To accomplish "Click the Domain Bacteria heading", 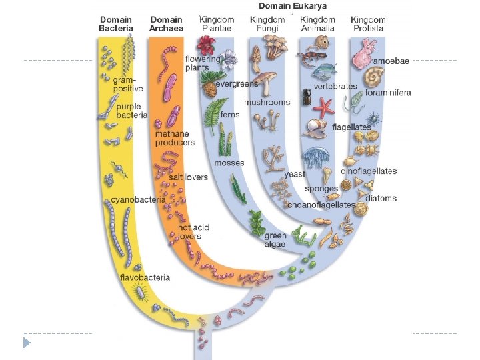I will pos(116,24).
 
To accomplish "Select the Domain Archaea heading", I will pos(166,24).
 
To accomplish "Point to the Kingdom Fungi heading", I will pos(267,24).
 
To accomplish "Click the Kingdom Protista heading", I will pos(368,24).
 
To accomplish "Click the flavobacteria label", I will pos(145,277).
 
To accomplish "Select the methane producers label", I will pos(175,138).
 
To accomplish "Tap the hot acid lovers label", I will pos(193,232).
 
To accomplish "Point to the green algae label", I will pos(275,239).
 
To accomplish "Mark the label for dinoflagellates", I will pos(369,171).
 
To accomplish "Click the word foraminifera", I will pos(388,93).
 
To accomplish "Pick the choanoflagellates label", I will pos(321,205).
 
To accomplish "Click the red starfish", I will pos(324,106).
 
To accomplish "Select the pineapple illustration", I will pos(209,88).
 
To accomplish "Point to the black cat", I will pos(307,97).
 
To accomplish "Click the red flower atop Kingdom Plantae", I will pos(207,45).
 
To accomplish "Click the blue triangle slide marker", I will pos(26,343).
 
